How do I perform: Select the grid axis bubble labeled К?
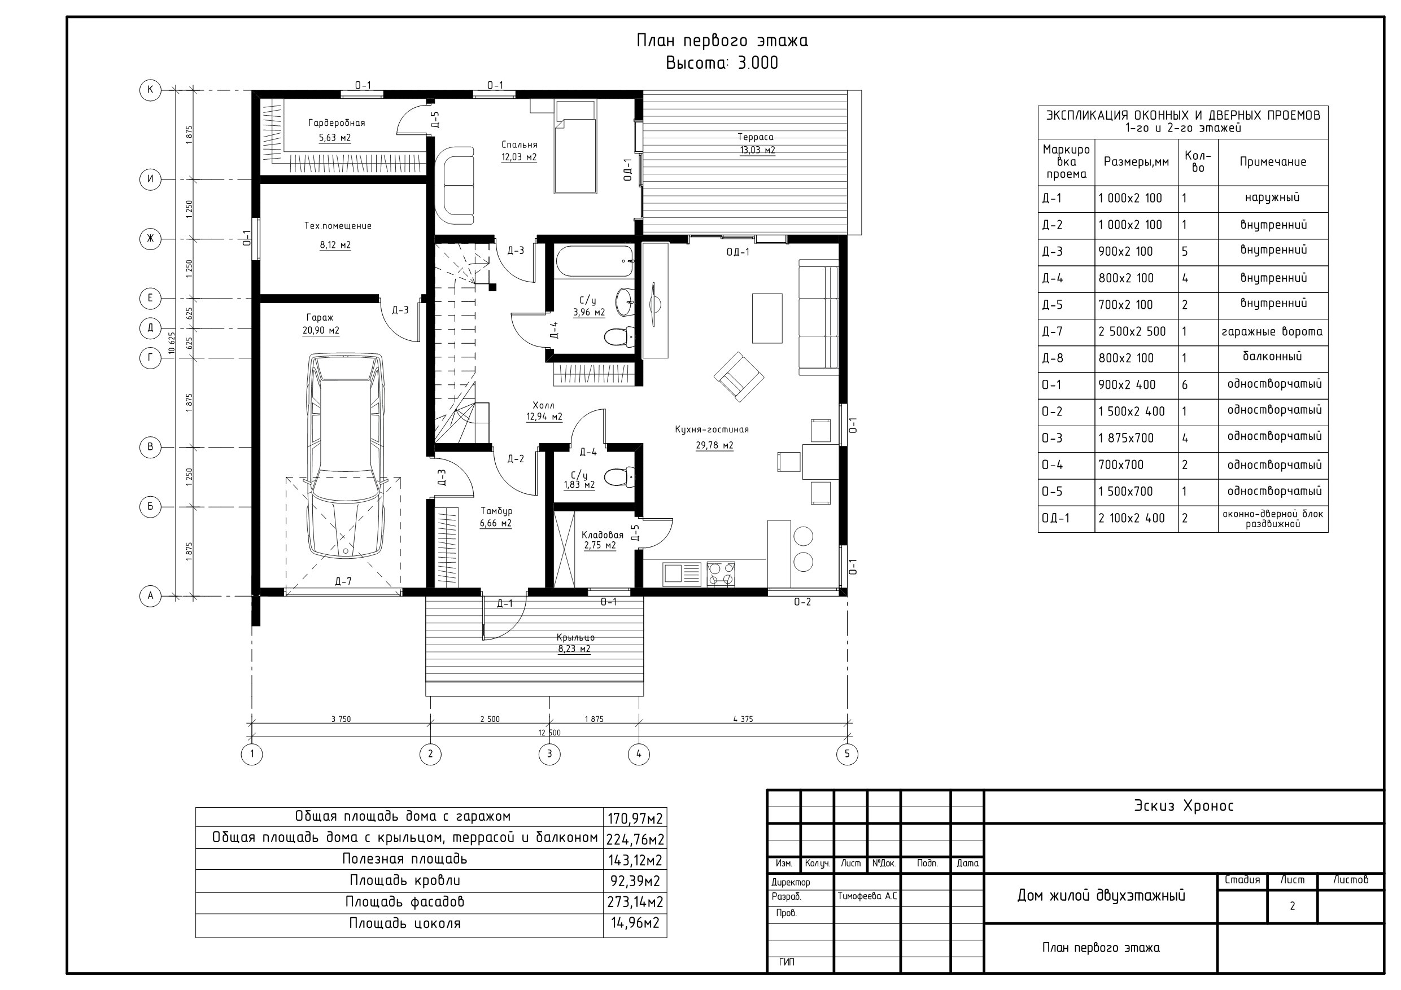(x=150, y=90)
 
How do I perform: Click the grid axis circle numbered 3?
(x=549, y=754)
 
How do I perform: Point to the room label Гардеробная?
(x=336, y=123)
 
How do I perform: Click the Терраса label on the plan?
(x=756, y=137)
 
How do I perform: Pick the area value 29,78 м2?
(x=714, y=445)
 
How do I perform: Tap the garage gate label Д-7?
(x=343, y=581)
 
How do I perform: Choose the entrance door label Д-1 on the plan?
(x=505, y=604)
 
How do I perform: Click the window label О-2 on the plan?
(x=802, y=602)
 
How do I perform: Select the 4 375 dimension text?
(x=743, y=719)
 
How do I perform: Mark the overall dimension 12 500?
(x=549, y=733)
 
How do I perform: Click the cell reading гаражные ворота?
(x=1272, y=332)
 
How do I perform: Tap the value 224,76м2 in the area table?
(x=635, y=839)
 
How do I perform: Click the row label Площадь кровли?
(x=404, y=880)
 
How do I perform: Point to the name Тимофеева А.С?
(x=867, y=896)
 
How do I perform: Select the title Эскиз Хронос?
(x=1184, y=806)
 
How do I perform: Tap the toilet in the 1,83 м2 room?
(x=620, y=476)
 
